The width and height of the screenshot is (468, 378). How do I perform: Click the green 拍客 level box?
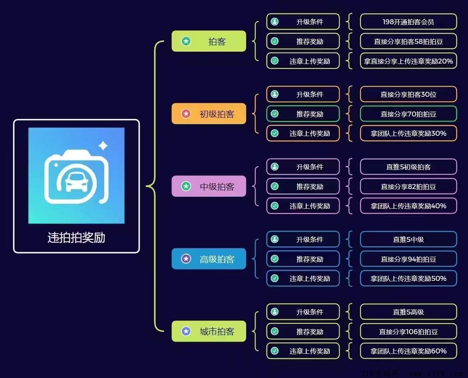209,41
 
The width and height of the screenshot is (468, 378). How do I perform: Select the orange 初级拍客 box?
209,114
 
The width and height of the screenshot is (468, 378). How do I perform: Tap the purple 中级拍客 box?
209,186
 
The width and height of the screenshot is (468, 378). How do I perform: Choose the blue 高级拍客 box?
209,259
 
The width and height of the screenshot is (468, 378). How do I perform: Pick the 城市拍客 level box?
209,331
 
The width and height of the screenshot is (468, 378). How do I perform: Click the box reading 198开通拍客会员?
408,22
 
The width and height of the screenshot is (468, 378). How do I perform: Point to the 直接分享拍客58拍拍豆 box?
408,41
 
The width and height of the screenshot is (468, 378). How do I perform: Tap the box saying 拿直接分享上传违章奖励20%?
408,61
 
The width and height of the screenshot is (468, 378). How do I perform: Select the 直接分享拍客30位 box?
408,94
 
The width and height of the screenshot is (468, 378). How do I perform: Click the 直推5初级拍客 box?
408,167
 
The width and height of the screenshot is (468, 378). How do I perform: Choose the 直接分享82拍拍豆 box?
408,187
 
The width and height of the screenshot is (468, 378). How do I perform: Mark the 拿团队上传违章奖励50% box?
408,278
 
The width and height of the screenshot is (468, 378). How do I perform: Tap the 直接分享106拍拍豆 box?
408,331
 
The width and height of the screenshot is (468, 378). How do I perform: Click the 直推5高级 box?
408,312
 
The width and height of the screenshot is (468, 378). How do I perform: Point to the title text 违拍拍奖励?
76,237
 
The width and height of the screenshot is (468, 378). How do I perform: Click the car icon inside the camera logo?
76,181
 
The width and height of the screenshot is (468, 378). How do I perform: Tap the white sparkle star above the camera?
103,146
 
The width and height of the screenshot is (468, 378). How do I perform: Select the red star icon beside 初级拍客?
186,114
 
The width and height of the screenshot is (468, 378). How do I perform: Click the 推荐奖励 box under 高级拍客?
303,259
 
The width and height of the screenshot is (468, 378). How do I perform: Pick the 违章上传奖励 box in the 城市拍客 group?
303,351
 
